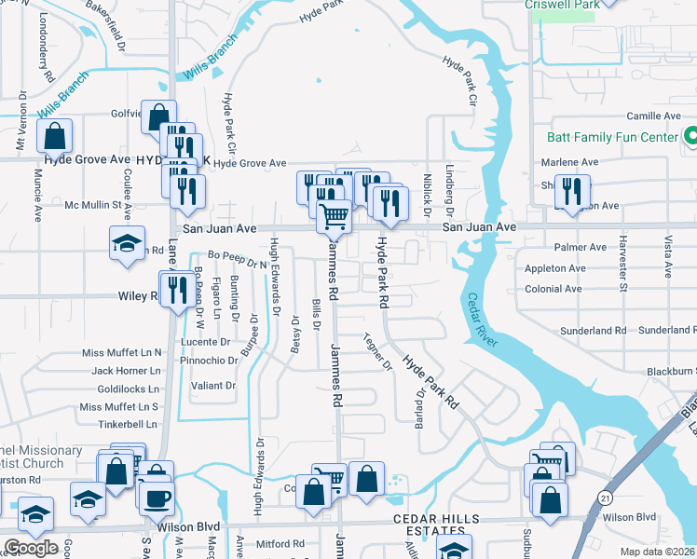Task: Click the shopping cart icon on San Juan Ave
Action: [x=334, y=217]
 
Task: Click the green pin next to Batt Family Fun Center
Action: [x=690, y=136]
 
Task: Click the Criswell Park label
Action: [x=562, y=5]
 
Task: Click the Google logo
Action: [x=31, y=548]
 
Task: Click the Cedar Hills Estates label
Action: [x=436, y=525]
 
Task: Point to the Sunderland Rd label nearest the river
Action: [x=594, y=331]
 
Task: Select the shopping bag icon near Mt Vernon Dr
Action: [x=55, y=136]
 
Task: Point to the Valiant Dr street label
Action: [x=213, y=385]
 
